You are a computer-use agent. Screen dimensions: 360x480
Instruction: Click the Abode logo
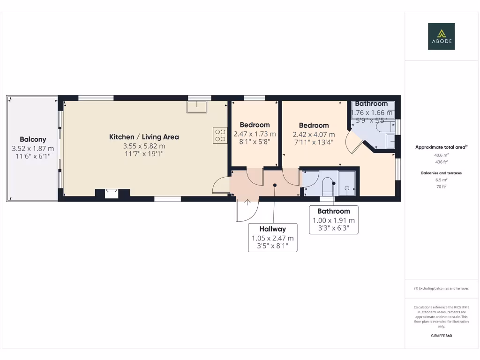[441, 36]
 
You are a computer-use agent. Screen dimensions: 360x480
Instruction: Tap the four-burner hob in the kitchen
[220, 135]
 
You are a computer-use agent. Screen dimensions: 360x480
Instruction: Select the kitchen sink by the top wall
[197, 107]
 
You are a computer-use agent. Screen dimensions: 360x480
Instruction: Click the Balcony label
[33, 139]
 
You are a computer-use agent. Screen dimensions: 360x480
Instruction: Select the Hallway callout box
[272, 237]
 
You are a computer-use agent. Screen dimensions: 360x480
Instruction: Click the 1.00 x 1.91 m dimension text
[334, 220]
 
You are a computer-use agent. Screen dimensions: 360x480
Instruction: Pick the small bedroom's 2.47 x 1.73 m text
[255, 134]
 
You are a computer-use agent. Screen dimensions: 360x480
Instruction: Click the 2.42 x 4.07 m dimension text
[314, 134]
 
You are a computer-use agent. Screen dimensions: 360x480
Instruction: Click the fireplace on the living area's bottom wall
[112, 193]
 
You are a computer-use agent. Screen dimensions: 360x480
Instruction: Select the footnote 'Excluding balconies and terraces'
[441, 288]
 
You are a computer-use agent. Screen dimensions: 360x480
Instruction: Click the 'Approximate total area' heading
[441, 147]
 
